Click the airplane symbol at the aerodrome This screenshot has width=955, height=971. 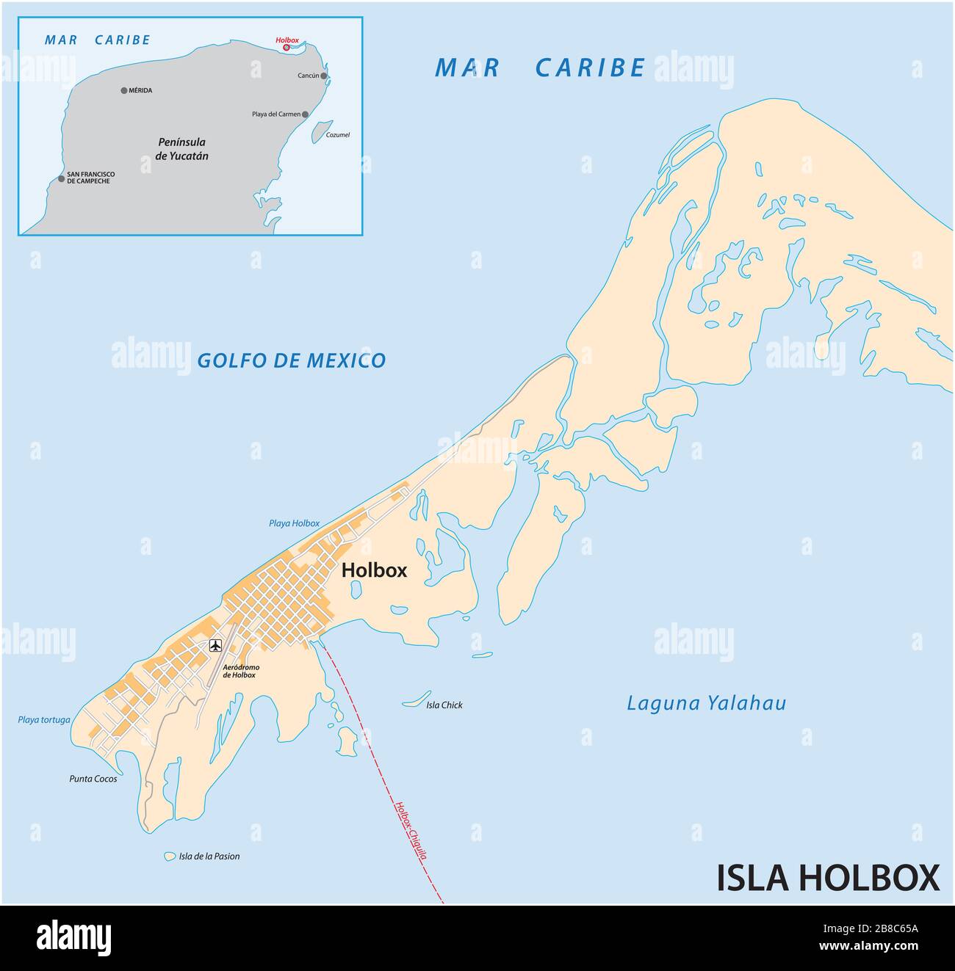pos(215,646)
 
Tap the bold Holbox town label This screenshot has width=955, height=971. pos(374,570)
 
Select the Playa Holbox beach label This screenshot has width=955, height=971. pos(294,523)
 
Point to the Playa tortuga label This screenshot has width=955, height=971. pos(44,720)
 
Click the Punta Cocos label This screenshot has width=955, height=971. pos(93,779)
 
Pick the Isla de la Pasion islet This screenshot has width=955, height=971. pos(170,856)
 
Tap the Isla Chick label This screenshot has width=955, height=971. pos(444,705)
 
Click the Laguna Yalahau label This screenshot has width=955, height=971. pos(706,704)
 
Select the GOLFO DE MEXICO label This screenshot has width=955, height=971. pos(291,360)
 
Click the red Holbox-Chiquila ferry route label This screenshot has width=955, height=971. pos(411,829)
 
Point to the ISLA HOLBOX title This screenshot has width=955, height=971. pos(828,878)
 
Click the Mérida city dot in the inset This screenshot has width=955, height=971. pos(124,91)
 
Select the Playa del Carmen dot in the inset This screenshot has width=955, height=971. pos(305,114)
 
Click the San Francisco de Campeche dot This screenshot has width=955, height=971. pos(62,178)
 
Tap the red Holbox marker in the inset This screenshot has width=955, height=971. pos(286,48)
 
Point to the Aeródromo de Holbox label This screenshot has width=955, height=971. pos(240,672)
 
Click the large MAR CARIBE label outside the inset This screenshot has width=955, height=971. pos(540,68)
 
